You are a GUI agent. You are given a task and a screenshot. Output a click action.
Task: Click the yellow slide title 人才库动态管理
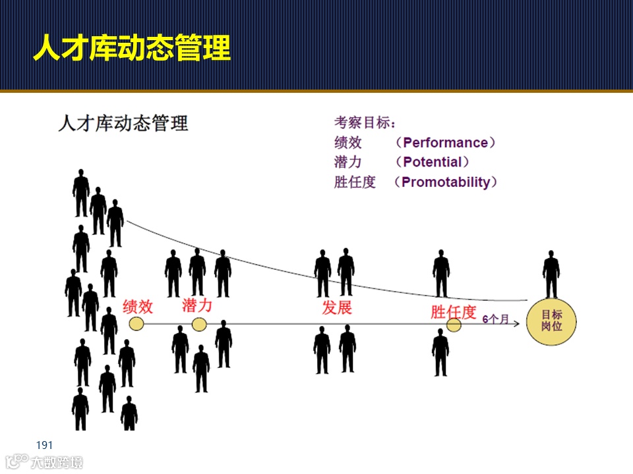(132, 49)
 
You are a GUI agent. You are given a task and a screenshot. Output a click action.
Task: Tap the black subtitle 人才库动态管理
(123, 123)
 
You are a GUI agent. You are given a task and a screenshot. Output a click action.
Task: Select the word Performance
(446, 143)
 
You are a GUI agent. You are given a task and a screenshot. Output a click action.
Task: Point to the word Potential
(433, 162)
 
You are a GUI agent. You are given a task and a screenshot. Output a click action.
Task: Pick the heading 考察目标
(365, 122)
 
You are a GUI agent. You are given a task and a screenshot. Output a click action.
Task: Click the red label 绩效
(138, 306)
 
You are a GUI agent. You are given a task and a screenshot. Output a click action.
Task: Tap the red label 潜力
(197, 305)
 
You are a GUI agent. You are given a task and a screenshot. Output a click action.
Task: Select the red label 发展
(337, 307)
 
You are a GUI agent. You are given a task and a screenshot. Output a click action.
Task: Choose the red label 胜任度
(453, 311)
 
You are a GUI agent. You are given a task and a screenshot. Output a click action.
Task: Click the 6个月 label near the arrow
(496, 319)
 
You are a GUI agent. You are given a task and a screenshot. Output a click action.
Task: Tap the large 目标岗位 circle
(551, 321)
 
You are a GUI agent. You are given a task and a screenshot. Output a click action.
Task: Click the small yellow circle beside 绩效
(136, 323)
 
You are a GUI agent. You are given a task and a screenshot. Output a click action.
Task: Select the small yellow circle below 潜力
(199, 324)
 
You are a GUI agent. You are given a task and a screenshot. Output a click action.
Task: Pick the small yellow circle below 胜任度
(454, 325)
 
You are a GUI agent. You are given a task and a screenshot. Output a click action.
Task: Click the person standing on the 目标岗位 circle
(551, 275)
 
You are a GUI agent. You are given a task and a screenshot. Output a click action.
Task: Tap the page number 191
(44, 446)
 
